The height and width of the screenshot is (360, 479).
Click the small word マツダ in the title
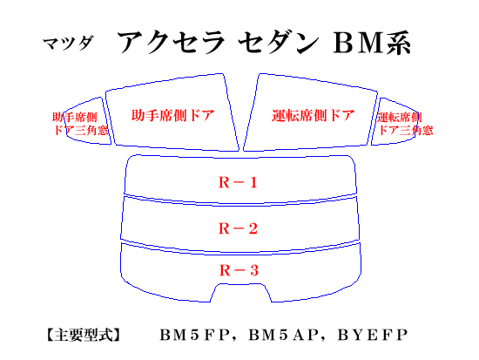point(68,44)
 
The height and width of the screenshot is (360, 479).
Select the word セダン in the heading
point(279,43)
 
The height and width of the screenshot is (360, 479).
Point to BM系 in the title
point(372,43)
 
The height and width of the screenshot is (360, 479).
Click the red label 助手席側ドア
point(173,115)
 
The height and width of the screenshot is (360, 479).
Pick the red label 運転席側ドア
point(314,116)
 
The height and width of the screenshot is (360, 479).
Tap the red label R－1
point(238,182)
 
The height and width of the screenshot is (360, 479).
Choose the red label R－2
point(238,228)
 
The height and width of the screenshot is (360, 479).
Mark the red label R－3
point(239,270)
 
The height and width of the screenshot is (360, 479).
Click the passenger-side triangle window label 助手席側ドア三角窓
point(80,124)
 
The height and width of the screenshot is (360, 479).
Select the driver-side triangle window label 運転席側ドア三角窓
point(405,124)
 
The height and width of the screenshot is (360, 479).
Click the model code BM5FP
point(194,335)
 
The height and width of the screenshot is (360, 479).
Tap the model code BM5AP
point(283,335)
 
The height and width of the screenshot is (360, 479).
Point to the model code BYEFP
point(373,335)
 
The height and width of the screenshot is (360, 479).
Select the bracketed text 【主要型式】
point(84,335)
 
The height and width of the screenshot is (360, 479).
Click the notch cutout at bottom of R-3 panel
point(240,284)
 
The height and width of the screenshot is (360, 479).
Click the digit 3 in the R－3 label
point(254,270)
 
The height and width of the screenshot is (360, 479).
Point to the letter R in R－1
point(224,182)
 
